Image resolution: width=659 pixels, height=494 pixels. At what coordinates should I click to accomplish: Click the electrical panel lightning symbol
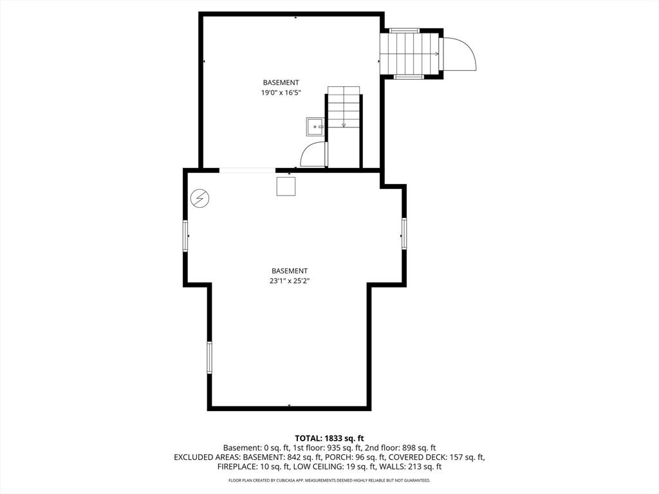click(200, 198)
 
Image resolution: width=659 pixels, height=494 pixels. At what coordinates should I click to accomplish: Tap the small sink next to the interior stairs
click(315, 127)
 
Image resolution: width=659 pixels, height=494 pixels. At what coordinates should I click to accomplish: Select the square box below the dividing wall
click(286, 187)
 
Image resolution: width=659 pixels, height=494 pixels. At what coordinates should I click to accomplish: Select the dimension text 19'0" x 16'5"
click(281, 93)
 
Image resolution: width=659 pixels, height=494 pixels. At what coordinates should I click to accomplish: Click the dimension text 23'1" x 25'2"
click(290, 280)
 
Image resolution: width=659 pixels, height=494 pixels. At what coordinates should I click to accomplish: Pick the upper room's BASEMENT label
click(281, 82)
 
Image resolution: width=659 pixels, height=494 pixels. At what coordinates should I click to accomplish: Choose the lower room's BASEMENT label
click(290, 271)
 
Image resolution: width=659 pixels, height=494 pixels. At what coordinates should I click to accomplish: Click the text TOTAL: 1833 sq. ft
click(329, 439)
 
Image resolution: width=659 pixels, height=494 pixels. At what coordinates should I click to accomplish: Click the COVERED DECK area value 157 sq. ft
click(467, 457)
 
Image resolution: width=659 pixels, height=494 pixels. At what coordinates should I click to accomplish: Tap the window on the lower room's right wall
click(404, 233)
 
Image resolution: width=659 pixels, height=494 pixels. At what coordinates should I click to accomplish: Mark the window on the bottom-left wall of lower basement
click(209, 358)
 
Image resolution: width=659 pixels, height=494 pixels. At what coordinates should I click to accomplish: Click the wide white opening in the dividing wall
click(248, 170)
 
